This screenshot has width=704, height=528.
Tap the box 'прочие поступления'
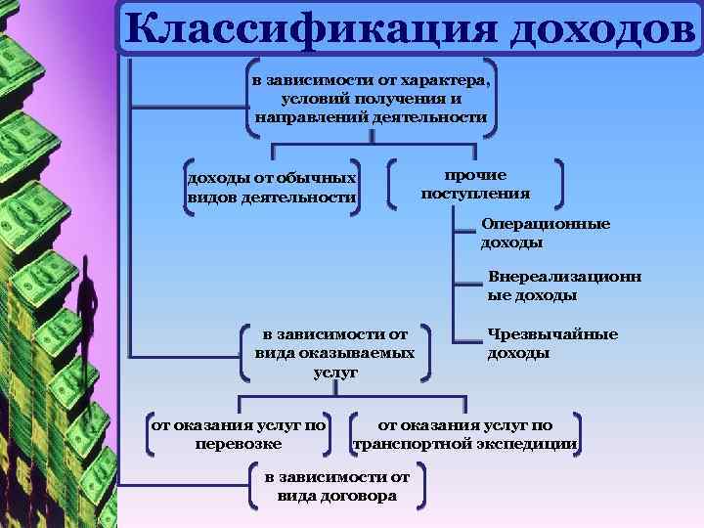point(475,184)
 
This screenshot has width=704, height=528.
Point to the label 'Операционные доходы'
point(545,233)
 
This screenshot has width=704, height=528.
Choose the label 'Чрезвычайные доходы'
point(552,343)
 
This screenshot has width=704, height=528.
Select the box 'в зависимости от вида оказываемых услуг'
point(334,353)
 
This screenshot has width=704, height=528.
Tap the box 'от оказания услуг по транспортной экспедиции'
point(464,434)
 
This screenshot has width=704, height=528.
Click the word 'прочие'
point(475,175)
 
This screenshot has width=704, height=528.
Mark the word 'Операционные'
point(545,224)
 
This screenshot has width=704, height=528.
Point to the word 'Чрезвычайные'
point(552,334)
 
